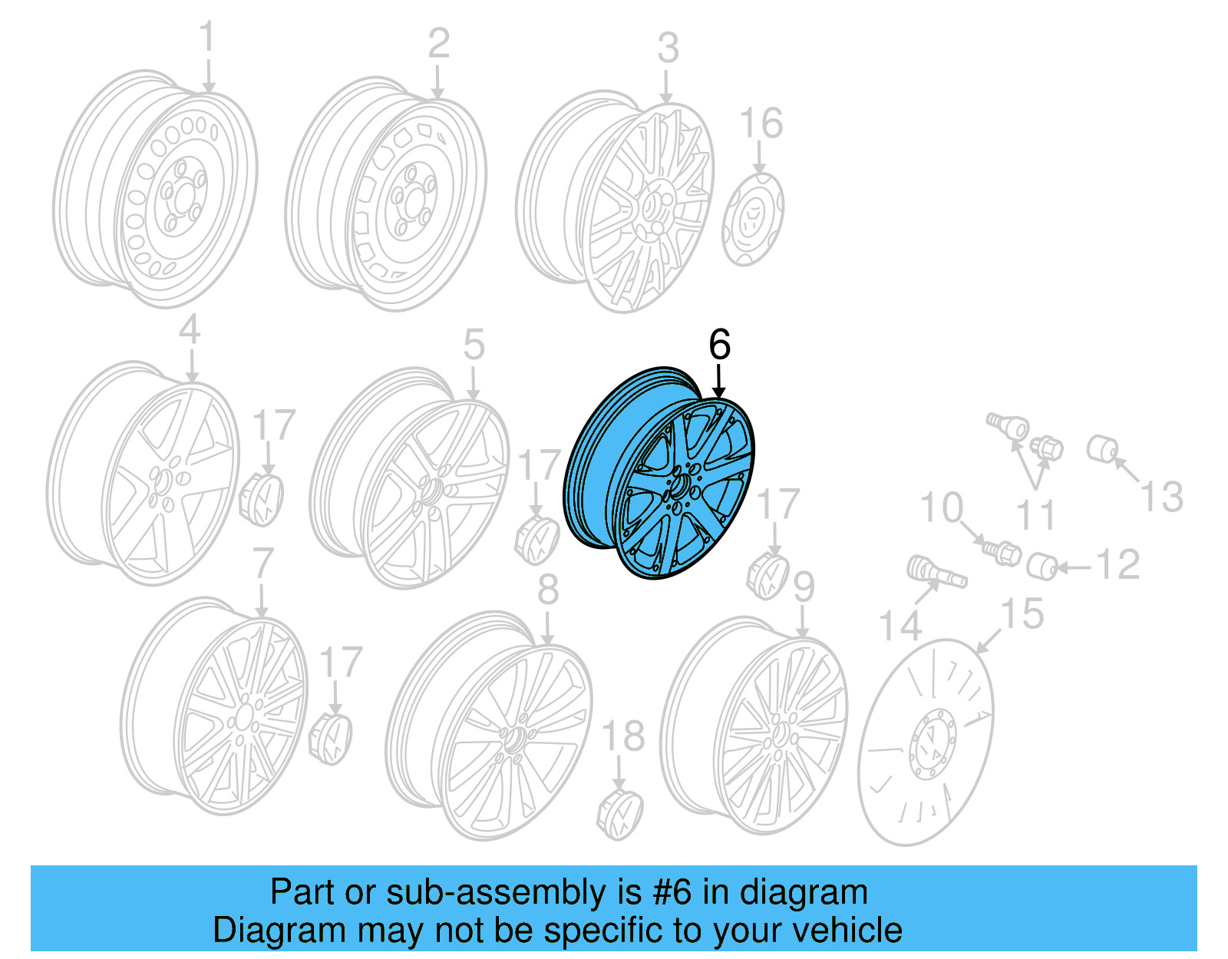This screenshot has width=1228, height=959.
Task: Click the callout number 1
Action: pyautogui.click(x=207, y=39)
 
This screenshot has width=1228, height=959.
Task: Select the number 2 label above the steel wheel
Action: pyautogui.click(x=438, y=44)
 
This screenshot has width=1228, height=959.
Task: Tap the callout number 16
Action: pyautogui.click(x=761, y=124)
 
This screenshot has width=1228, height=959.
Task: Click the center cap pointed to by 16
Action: pyautogui.click(x=752, y=219)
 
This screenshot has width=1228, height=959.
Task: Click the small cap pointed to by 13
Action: pyautogui.click(x=1102, y=449)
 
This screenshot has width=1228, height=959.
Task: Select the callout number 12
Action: pyautogui.click(x=1117, y=566)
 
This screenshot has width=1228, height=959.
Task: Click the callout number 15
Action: pyautogui.click(x=1022, y=615)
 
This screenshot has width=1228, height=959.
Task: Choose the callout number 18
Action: pyautogui.click(x=622, y=737)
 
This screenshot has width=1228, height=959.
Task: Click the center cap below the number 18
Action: pyautogui.click(x=619, y=811)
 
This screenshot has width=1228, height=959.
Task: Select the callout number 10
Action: pyautogui.click(x=941, y=508)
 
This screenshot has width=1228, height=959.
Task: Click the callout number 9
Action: pyautogui.click(x=803, y=588)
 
